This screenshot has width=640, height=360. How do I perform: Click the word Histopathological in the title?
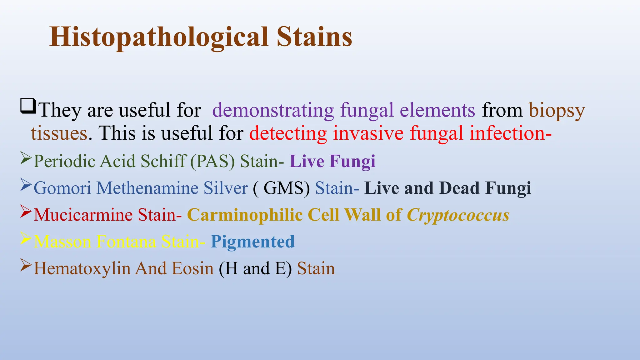pyautogui.click(x=159, y=37)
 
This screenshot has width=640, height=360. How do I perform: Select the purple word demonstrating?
pyautogui.click(x=273, y=110)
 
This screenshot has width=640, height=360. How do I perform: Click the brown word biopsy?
pyautogui.click(x=557, y=111)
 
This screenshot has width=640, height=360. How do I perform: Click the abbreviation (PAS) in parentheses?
pyautogui.click(x=212, y=162)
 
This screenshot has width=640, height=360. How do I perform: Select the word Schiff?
pyautogui.click(x=163, y=161)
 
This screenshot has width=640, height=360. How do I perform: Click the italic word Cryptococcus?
pyautogui.click(x=458, y=216)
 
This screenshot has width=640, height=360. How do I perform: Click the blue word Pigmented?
pyautogui.click(x=252, y=242)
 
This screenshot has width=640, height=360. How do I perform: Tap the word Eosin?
pyautogui.click(x=192, y=269)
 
